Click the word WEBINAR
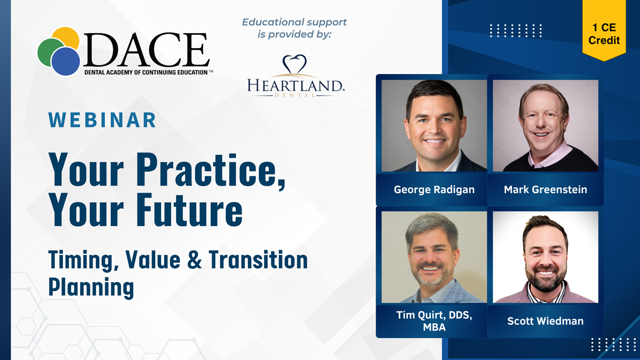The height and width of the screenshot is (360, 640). [102, 120]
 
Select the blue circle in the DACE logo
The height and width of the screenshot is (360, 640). [66, 61]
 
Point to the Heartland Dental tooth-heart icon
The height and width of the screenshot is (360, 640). [294, 64]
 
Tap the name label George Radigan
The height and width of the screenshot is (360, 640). [434, 190]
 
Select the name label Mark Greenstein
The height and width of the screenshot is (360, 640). [546, 190]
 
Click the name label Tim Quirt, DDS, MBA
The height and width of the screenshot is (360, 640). [434, 321]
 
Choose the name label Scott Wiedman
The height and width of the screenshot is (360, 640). [546, 321]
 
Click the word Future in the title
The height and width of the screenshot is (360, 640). [189, 210]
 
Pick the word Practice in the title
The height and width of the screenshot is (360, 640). [211, 170]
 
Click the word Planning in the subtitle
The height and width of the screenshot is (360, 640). [91, 287]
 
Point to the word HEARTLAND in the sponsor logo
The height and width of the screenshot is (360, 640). [295, 85]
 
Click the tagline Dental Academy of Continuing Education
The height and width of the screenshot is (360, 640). [146, 73]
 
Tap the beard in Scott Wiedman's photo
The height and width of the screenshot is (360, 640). [546, 278]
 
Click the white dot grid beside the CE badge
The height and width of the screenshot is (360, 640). [516, 31]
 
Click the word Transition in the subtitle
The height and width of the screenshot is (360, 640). [258, 260]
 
